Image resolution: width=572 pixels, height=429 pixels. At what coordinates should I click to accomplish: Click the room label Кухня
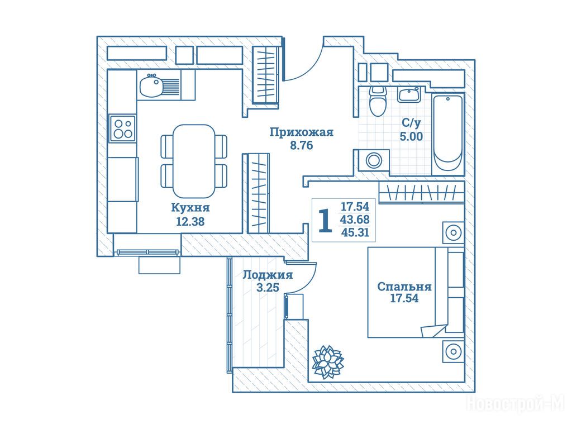point(190,208)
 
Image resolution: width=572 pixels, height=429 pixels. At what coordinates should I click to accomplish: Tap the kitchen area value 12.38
point(190,221)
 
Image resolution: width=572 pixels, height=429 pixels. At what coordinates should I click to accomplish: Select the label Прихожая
point(301,132)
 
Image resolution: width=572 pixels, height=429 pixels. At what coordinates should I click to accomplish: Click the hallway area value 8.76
point(301,145)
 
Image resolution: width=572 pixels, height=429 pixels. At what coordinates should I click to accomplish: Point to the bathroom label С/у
point(411,122)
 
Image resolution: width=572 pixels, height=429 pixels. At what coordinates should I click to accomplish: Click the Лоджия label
point(268,274)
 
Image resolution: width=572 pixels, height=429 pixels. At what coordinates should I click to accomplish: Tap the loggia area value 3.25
point(268,288)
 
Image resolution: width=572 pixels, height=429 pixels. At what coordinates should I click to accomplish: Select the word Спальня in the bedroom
point(404,287)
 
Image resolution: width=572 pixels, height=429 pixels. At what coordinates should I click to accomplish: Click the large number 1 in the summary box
point(325,221)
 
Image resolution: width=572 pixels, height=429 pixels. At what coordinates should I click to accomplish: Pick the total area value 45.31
point(355,232)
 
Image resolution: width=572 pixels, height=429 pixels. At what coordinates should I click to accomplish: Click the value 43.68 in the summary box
point(355,220)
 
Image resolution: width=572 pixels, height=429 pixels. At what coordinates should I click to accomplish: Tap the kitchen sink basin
point(151,85)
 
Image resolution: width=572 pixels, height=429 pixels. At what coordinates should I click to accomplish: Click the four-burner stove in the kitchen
point(123,128)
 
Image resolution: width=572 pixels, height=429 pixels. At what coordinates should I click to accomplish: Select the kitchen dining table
point(194,161)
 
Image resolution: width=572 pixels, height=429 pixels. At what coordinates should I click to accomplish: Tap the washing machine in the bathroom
point(374,160)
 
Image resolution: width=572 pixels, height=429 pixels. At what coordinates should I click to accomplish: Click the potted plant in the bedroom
point(328,361)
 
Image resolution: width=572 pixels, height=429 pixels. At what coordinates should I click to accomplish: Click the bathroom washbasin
point(409,95)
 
